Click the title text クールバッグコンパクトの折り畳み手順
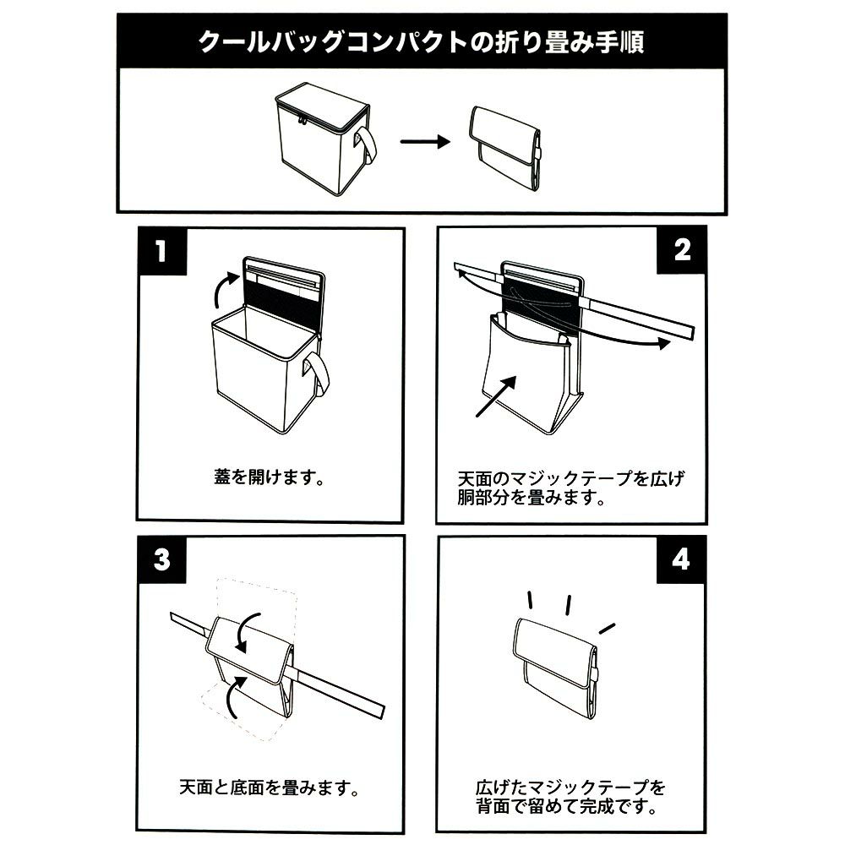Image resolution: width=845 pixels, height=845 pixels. coord(422,42)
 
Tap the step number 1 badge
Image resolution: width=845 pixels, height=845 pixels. coord(161,251)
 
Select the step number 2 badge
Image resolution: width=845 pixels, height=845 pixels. coord(682,250)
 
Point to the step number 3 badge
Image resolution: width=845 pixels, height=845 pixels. coord(161,559)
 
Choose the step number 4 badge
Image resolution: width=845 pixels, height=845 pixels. coord(681,559)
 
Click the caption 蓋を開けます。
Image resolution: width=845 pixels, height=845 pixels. coord(269,477)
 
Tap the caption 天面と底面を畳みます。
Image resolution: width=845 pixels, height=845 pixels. coord(269,788)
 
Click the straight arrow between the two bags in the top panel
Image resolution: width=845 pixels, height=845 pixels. coord(425,142)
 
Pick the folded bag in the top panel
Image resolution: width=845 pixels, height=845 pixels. coord(505,146)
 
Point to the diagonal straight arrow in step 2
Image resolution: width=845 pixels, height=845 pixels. coord(496,396)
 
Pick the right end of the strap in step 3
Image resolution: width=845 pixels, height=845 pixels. coord(383,711)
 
